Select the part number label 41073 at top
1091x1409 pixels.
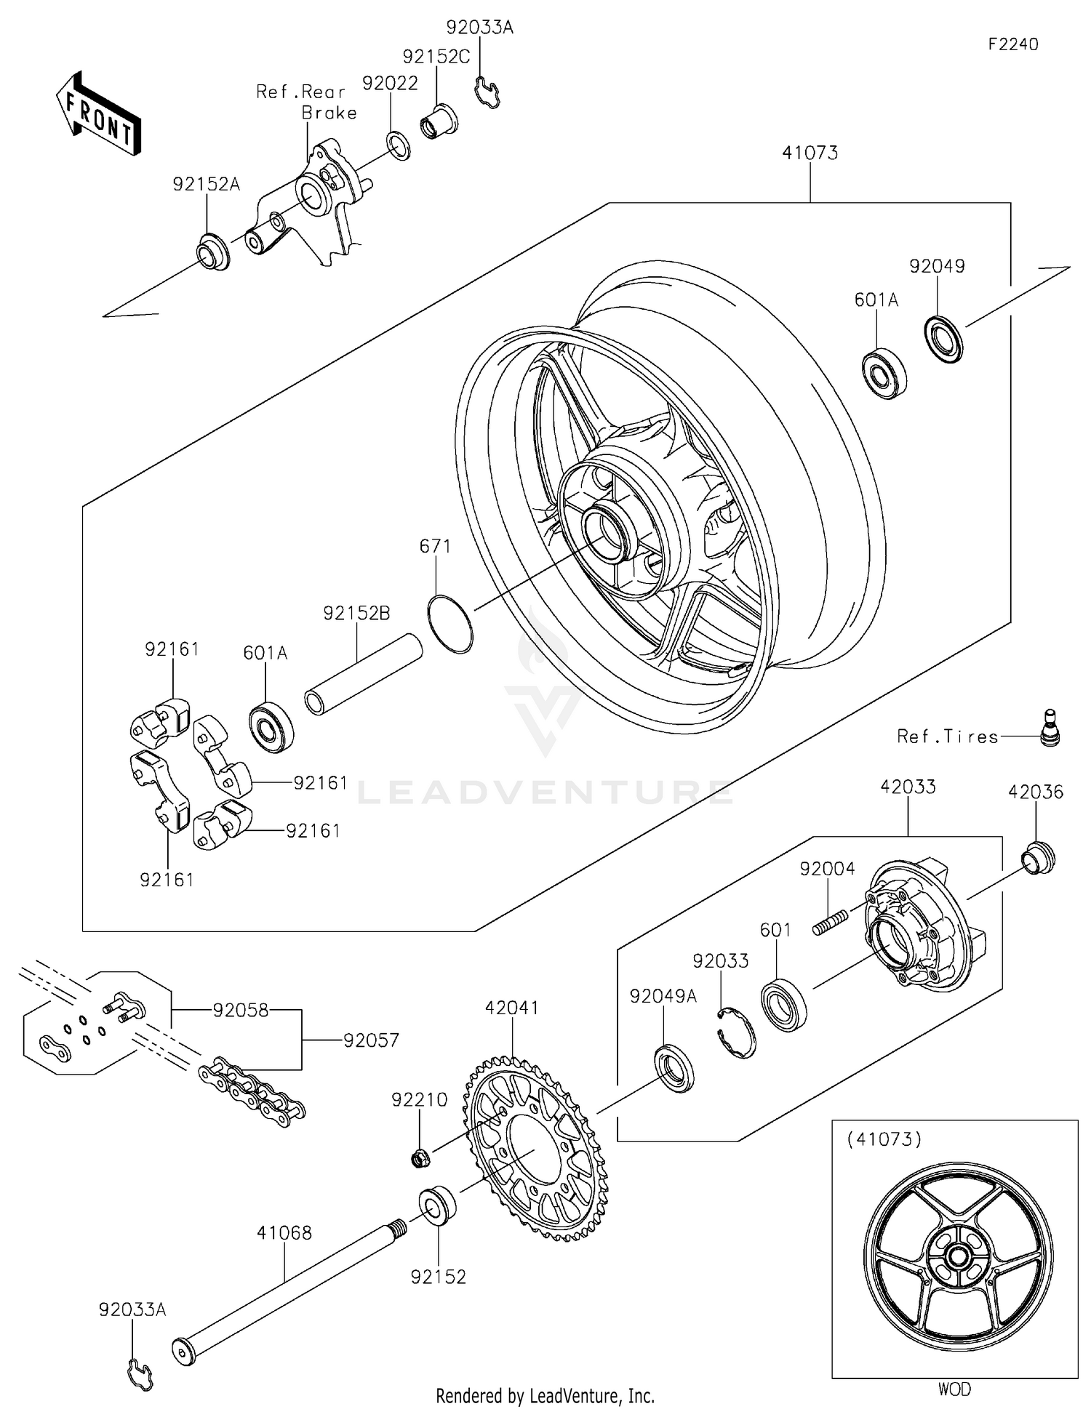point(810,153)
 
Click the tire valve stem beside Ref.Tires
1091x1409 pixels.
point(1050,728)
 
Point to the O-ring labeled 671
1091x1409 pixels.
point(451,624)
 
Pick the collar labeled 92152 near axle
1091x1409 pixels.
point(438,1207)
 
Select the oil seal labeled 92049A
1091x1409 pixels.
point(676,1069)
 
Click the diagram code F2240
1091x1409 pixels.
point(1012,44)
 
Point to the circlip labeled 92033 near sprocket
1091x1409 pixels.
point(736,1032)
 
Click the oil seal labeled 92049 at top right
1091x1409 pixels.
point(943,338)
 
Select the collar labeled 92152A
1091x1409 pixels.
point(213,251)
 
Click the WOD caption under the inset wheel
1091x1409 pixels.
point(954,1389)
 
